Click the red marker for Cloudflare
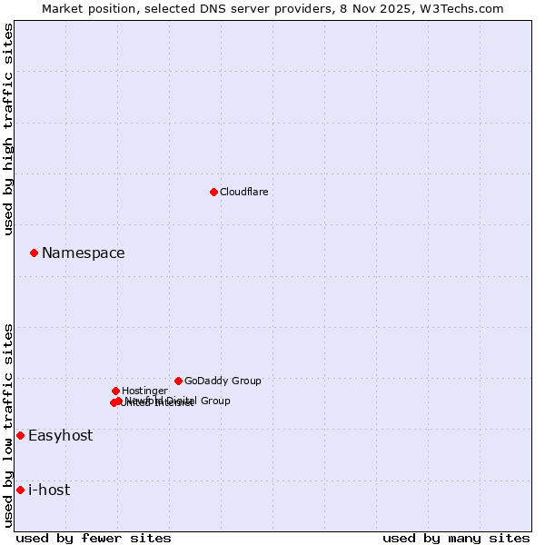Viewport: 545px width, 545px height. pyautogui.click(x=213, y=192)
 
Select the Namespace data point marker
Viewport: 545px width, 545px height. pyautogui.click(x=34, y=253)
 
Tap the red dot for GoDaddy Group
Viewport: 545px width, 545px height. pyautogui.click(x=178, y=381)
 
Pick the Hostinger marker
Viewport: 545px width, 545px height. pyautogui.click(x=115, y=391)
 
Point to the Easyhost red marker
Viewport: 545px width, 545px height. pyautogui.click(x=20, y=435)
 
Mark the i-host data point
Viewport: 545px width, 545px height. pyautogui.click(x=20, y=490)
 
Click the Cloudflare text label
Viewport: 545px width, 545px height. pyautogui.click(x=243, y=192)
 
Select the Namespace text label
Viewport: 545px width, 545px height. pyautogui.click(x=83, y=253)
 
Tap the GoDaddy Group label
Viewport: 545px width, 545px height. pyautogui.click(x=223, y=381)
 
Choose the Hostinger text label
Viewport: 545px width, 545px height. pyautogui.click(x=144, y=391)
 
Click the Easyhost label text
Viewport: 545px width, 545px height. pyautogui.click(x=60, y=435)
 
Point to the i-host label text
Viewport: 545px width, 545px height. pyautogui.click(x=49, y=490)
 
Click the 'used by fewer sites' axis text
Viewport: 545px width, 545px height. pyautogui.click(x=94, y=538)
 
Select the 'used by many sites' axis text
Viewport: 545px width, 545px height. pyautogui.click(x=456, y=538)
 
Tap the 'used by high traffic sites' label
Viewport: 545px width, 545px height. pyautogui.click(x=9, y=129)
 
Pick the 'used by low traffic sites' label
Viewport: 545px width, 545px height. pyautogui.click(x=9, y=425)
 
